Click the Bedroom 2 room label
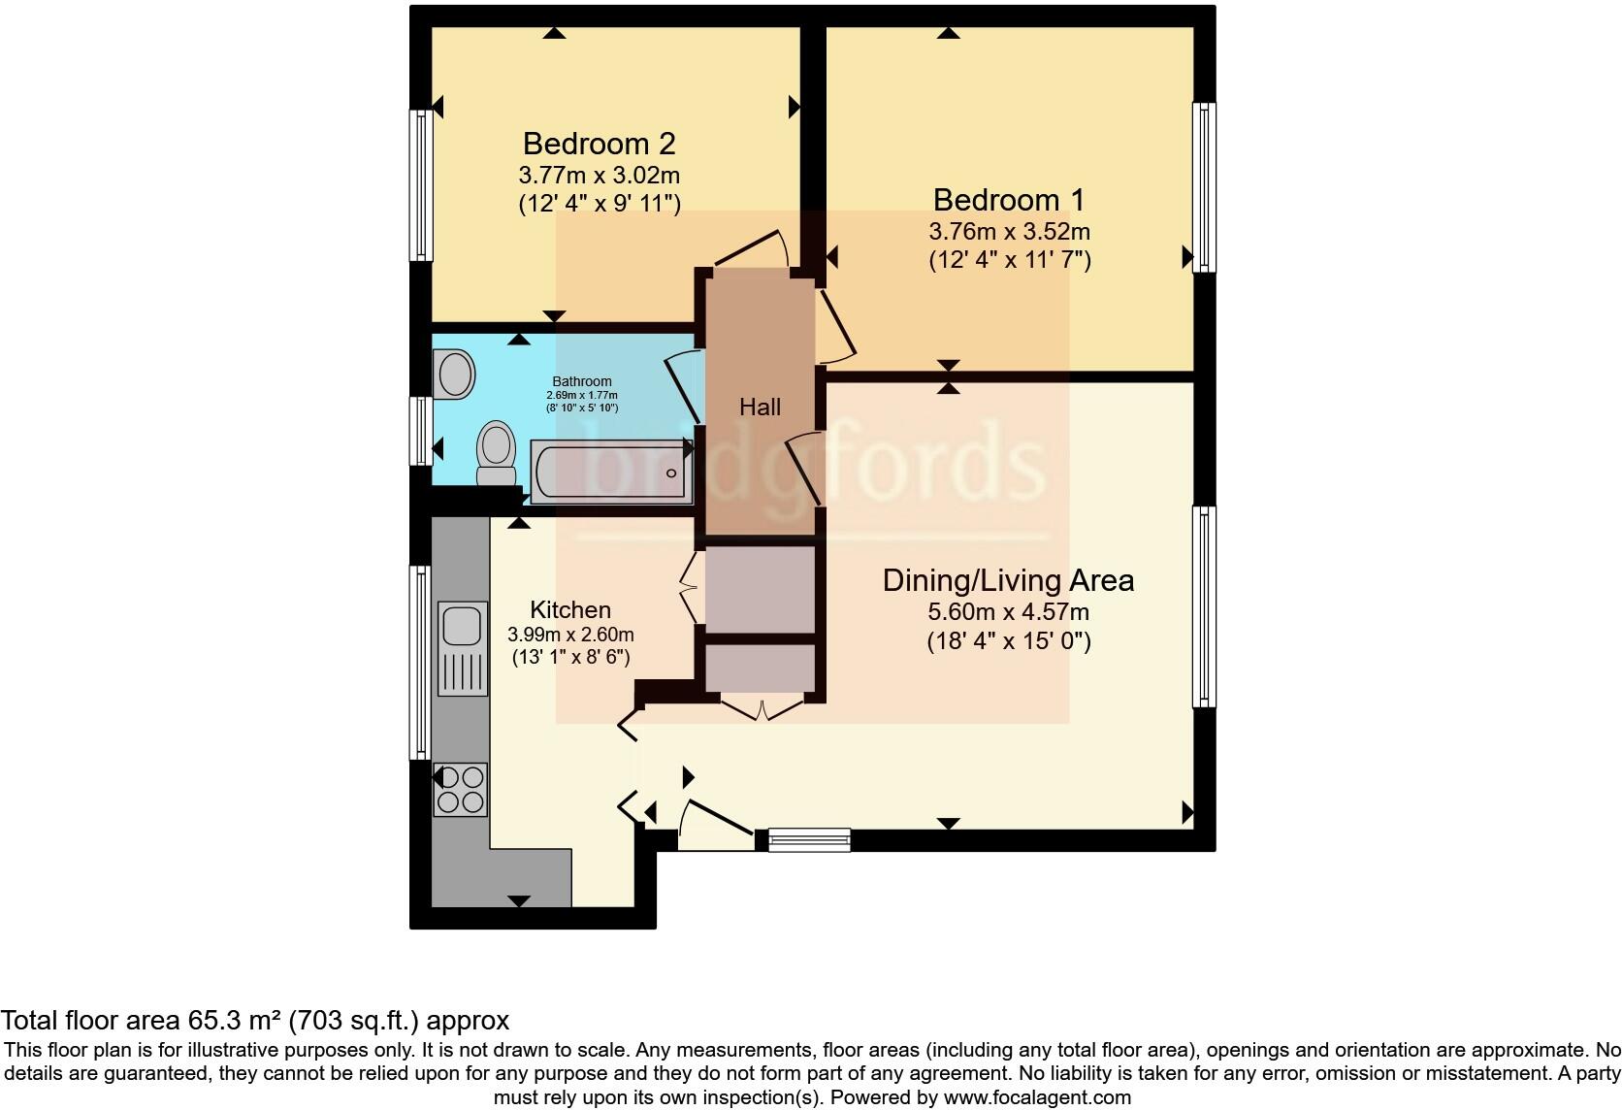tap(599, 144)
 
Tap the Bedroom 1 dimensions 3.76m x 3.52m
tap(1009, 232)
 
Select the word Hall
tap(760, 408)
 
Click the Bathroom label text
tap(582, 381)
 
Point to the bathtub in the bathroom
tap(611, 472)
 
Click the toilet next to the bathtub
tap(497, 454)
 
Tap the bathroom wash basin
tap(454, 374)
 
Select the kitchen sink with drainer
tap(462, 647)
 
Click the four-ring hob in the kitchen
tap(460, 789)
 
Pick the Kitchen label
tap(570, 610)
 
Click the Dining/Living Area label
tap(1008, 580)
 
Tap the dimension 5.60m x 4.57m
tap(1008, 612)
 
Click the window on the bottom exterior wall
tap(809, 840)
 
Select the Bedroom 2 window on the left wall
tap(421, 184)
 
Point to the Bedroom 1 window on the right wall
tap(1204, 187)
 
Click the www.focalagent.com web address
tap(1037, 1098)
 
